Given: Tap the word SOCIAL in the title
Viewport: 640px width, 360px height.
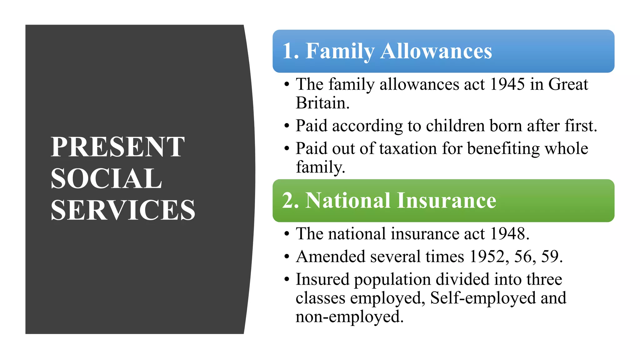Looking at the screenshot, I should pyautogui.click(x=106, y=178).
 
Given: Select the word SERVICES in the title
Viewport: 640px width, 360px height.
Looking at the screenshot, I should pyautogui.click(x=123, y=210).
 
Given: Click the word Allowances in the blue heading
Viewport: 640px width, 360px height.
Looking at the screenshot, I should pyautogui.click(x=436, y=51).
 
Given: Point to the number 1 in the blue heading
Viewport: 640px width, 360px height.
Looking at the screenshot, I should pyautogui.click(x=288, y=51).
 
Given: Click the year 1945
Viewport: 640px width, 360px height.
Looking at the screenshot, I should pyautogui.click(x=507, y=84).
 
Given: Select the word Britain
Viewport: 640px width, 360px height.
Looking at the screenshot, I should pyautogui.click(x=322, y=103).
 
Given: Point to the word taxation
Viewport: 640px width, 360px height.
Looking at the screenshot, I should pyautogui.click(x=408, y=148).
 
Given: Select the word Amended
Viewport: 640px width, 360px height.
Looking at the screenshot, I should pyautogui.click(x=330, y=257).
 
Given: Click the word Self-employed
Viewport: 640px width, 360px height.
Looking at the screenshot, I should pyautogui.click(x=483, y=298).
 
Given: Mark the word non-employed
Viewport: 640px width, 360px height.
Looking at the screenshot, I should pyautogui.click(x=349, y=317).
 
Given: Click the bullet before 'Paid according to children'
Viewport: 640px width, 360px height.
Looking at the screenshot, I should pyautogui.click(x=287, y=126).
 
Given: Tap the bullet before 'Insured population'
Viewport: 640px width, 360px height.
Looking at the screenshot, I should pyautogui.click(x=287, y=280).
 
